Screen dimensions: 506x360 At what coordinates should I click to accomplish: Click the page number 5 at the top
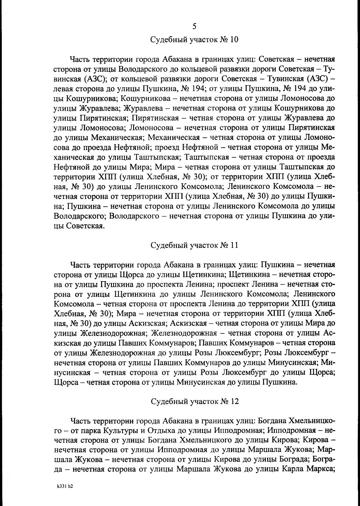click(194, 27)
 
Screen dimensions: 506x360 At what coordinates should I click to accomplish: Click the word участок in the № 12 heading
click(203, 402)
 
